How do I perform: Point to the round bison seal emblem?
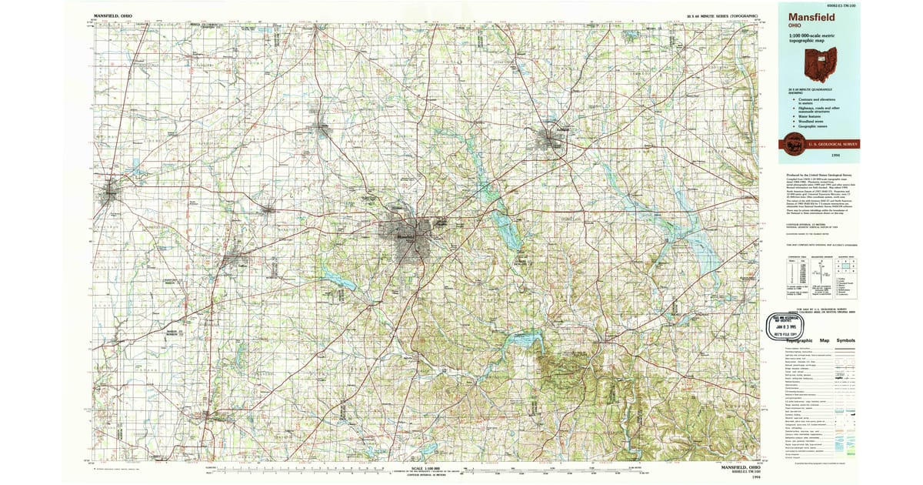791,143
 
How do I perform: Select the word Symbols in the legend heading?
845,340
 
